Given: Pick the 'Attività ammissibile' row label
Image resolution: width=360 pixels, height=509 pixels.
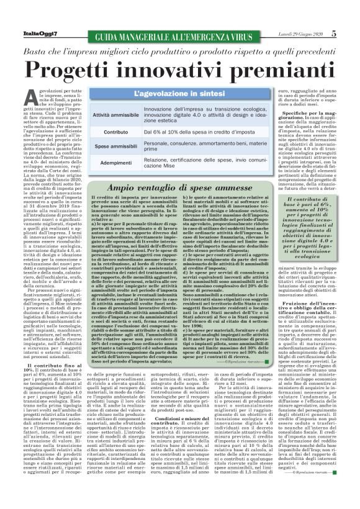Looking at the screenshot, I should (116, 115).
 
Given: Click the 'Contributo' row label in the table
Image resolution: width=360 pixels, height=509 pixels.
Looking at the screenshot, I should (116, 132).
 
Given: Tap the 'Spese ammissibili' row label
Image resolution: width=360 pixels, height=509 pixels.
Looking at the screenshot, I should (116, 146).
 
